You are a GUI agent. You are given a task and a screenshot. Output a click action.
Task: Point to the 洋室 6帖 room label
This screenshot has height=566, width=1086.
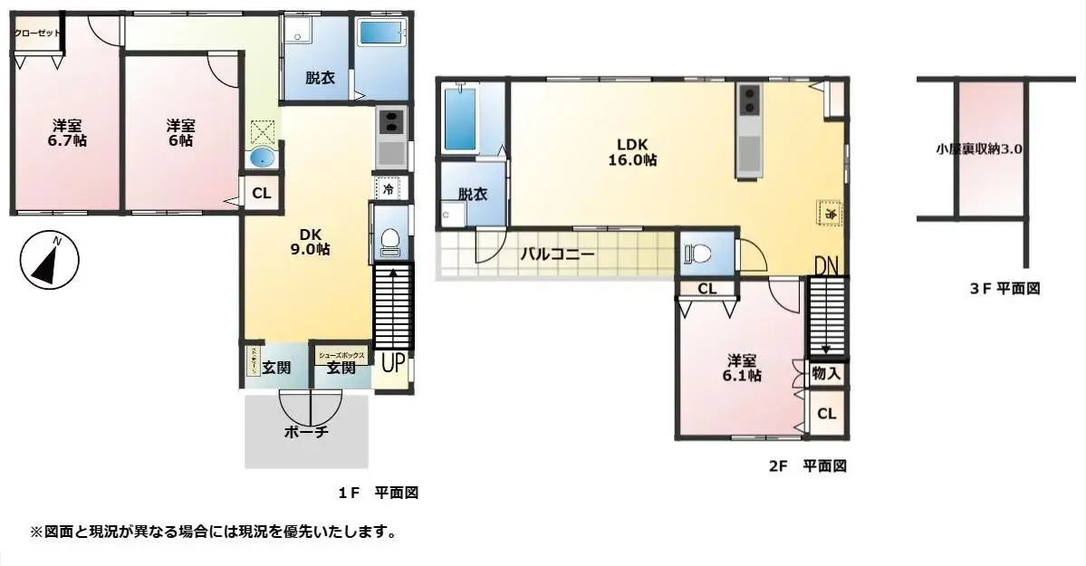(x=178, y=132)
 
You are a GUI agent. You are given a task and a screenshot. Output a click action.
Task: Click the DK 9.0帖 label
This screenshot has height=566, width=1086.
(x=308, y=241)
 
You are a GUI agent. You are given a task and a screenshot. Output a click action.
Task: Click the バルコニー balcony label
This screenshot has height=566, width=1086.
(x=557, y=254)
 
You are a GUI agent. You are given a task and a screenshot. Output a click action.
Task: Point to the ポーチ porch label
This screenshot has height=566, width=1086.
(x=306, y=432)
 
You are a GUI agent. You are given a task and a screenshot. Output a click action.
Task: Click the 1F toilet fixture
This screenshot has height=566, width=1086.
(x=390, y=241)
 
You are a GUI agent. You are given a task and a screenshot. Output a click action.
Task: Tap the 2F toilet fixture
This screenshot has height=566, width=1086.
(x=698, y=254)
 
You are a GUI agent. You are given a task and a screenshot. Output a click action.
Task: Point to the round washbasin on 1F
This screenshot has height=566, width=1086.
(x=262, y=158)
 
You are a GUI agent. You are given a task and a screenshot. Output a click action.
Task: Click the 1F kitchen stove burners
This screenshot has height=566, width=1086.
(x=391, y=120)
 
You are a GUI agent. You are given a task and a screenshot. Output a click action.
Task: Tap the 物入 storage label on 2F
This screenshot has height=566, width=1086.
(x=826, y=371)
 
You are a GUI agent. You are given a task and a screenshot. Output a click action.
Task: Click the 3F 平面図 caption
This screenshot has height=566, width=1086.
(x=1004, y=289)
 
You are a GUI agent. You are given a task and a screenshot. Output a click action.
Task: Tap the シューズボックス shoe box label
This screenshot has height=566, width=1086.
(x=342, y=356)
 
